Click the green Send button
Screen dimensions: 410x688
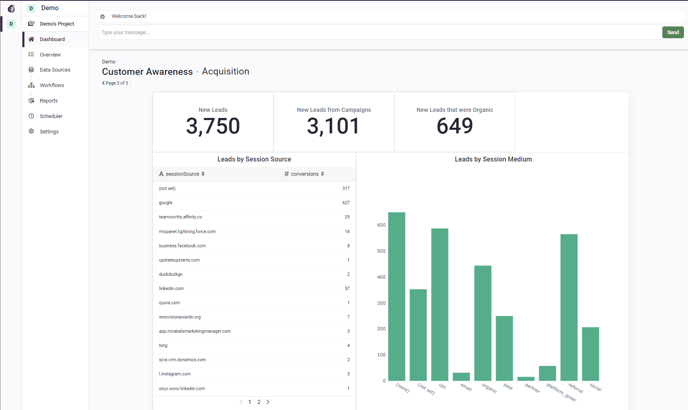coord(673,33)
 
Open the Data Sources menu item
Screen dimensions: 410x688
coord(55,70)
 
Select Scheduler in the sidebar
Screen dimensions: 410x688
coord(51,116)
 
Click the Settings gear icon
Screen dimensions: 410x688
coord(31,131)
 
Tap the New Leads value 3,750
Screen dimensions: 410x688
coord(213,126)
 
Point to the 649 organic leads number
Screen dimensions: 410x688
coord(455,126)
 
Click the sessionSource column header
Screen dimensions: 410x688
coord(182,174)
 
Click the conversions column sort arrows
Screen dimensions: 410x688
coord(322,174)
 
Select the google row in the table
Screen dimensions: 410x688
coord(166,203)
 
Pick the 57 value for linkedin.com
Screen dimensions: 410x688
coord(347,289)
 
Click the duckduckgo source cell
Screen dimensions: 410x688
coord(171,275)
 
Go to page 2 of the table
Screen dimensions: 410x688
coord(259,402)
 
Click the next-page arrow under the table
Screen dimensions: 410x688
coord(268,402)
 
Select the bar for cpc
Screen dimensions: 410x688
coord(440,305)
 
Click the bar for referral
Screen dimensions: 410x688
coord(569,307)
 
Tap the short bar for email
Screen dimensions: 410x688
coord(461,377)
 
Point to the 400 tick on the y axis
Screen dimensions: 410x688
coord(381,277)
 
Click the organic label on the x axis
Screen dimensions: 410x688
coord(489,388)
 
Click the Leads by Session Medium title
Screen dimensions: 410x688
coord(493,159)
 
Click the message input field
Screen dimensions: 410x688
coord(379,33)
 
